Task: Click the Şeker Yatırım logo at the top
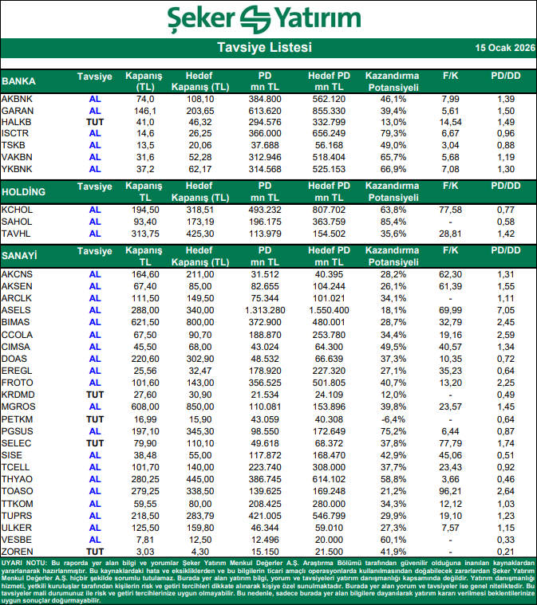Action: [268, 18]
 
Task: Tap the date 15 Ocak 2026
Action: [503, 49]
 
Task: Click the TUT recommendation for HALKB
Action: [95, 122]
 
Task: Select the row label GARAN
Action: [18, 110]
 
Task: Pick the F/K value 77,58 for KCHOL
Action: [451, 210]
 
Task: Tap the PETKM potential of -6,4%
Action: [392, 418]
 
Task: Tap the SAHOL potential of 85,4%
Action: [392, 222]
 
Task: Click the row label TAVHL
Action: [18, 234]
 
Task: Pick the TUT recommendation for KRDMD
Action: [95, 395]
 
